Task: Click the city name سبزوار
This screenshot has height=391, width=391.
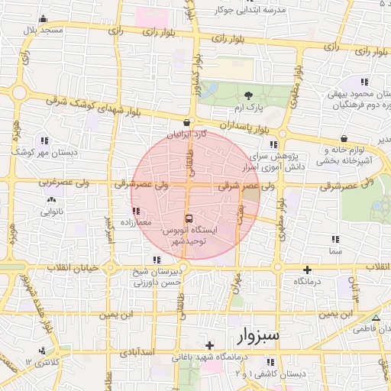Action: click(x=259, y=335)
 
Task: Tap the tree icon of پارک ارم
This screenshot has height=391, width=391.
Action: click(x=249, y=95)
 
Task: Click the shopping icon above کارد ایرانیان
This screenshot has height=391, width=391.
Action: click(x=187, y=122)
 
